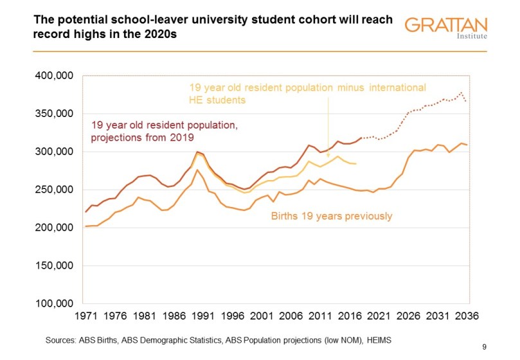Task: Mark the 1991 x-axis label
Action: pyautogui.click(x=202, y=318)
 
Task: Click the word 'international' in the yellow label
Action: pyautogui.click(x=396, y=87)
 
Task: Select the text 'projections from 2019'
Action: pyautogui.click(x=143, y=137)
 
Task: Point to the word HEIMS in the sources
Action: pyautogui.click(x=380, y=339)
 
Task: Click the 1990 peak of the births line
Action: pyautogui.click(x=197, y=170)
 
